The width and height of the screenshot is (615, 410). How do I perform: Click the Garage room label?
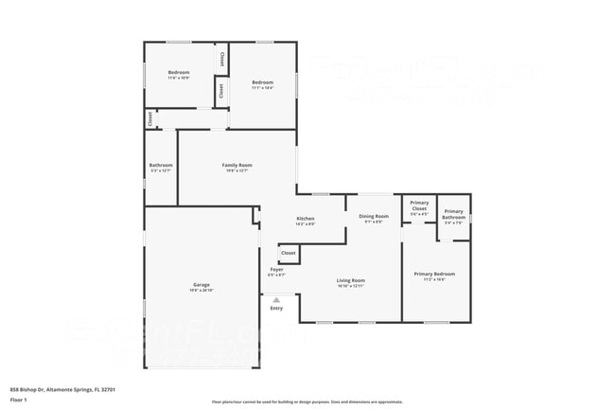(201, 284)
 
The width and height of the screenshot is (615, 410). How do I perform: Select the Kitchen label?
(305, 218)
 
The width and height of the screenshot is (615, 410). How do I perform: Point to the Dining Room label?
(374, 217)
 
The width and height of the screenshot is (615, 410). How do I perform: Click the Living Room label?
(351, 279)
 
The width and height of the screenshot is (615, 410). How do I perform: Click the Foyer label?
(277, 270)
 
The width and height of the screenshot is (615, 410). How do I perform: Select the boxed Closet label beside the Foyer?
(289, 253)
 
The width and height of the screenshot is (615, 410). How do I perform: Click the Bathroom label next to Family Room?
(161, 166)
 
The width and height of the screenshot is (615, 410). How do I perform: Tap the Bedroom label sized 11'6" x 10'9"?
(179, 73)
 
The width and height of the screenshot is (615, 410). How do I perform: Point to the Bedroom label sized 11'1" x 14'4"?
(262, 82)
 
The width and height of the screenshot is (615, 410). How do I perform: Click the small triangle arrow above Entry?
(276, 299)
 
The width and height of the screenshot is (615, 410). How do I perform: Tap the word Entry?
(276, 308)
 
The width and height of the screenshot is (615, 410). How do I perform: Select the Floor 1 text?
(19, 401)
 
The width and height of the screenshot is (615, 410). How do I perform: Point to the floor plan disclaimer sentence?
(307, 401)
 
